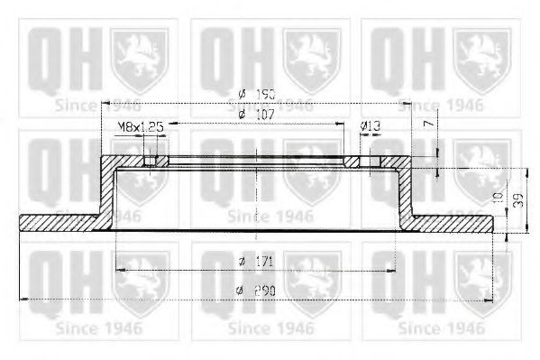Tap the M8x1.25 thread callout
tap(140, 128)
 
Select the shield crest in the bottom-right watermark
tap(484, 276)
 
